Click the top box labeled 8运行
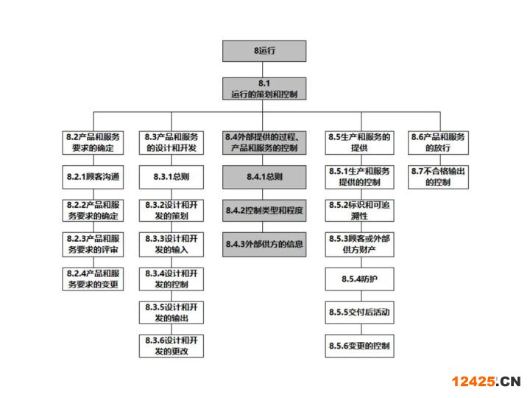click(x=264, y=51)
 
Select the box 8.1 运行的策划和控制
click(x=264, y=88)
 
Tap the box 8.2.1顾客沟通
click(x=93, y=177)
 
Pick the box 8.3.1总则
click(x=172, y=177)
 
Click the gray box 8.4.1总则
click(x=264, y=177)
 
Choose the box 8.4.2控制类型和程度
click(x=264, y=211)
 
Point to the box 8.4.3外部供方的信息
click(x=264, y=245)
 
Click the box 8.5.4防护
click(x=360, y=279)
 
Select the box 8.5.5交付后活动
click(x=360, y=313)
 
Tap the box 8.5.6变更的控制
click(x=360, y=346)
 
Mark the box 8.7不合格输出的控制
click(x=438, y=177)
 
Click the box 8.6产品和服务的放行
click(x=438, y=143)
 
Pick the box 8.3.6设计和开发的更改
click(x=172, y=346)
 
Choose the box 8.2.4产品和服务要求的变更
click(x=93, y=279)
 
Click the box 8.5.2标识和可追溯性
click(x=360, y=211)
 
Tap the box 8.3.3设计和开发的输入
click(x=172, y=245)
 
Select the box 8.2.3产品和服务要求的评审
click(x=93, y=245)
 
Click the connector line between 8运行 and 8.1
click(x=263, y=70)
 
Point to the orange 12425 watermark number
click(x=473, y=382)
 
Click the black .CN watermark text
click(x=508, y=382)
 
